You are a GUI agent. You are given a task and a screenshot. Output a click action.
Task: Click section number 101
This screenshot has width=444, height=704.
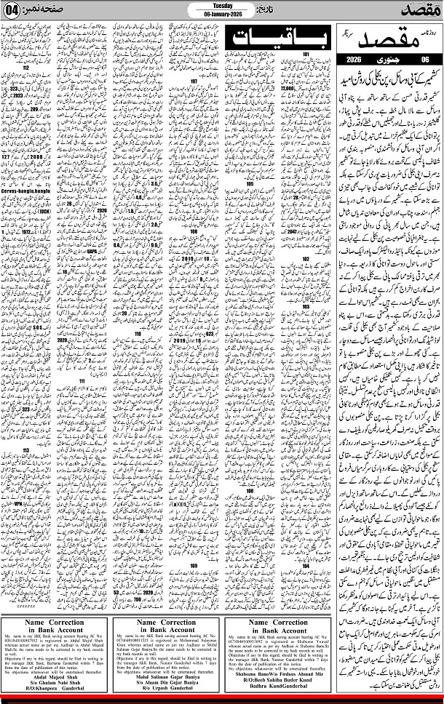pyautogui.click(x=306, y=55)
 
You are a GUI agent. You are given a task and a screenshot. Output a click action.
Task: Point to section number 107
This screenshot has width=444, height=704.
pyautogui.click(x=194, y=82)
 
